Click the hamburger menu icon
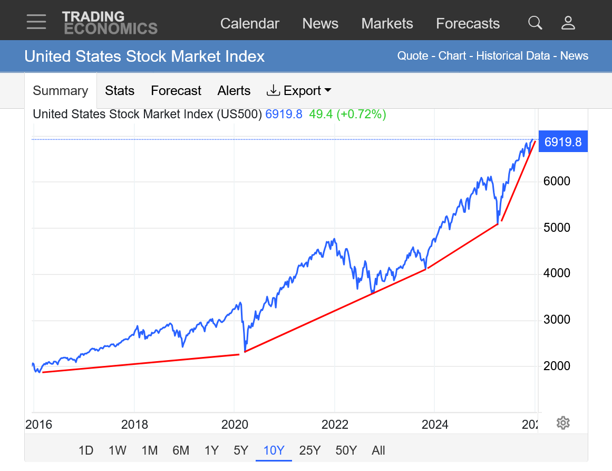click(x=36, y=22)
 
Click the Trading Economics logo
click(x=110, y=23)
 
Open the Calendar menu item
click(x=249, y=23)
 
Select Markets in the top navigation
click(x=387, y=23)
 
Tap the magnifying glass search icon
click(x=535, y=23)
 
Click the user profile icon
click(x=568, y=23)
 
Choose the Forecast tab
click(x=176, y=91)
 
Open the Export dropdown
click(x=299, y=91)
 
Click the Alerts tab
click(x=234, y=91)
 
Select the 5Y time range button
click(x=241, y=450)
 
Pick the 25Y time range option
click(x=309, y=450)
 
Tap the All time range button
click(x=378, y=450)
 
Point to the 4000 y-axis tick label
click(x=557, y=273)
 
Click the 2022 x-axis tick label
click(x=335, y=425)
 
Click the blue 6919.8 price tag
click(x=562, y=142)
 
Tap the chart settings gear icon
click(x=563, y=423)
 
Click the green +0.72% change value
click(x=363, y=114)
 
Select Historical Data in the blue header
click(x=513, y=56)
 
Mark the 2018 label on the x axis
click(x=134, y=425)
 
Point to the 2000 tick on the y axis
click(x=557, y=365)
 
